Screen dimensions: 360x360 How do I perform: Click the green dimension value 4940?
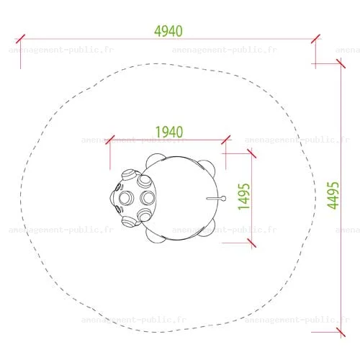click(168, 31)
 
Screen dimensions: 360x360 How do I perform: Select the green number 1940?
click(169, 132)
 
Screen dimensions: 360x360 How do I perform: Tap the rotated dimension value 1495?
click(244, 197)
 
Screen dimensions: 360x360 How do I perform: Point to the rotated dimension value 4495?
click(333, 195)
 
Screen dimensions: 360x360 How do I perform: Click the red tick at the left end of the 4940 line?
click(20, 39)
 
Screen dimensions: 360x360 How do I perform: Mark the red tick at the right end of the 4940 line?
click(315, 39)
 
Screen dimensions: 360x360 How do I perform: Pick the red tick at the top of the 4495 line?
click(341, 64)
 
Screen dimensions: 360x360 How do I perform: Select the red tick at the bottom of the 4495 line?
click(341, 332)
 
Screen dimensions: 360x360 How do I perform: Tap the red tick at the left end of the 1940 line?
click(110, 140)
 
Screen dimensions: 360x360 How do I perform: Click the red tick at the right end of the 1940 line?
click(225, 140)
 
